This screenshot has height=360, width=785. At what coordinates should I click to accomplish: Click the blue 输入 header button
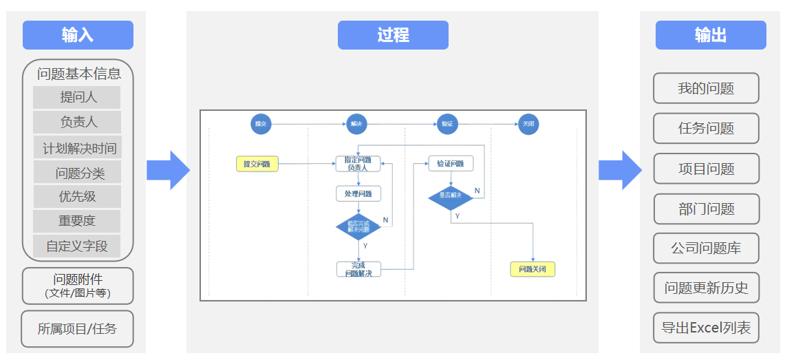78,35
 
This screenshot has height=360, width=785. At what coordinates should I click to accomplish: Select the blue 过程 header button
393,35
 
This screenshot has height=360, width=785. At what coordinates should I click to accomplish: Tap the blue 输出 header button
710,35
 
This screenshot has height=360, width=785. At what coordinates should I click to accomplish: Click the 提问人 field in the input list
77,97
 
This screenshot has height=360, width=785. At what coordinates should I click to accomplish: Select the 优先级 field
77,196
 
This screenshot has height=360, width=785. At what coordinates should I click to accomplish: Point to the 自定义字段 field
77,246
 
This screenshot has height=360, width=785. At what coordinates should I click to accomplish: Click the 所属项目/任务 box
77,329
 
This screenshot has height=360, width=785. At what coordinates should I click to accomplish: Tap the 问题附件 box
78,286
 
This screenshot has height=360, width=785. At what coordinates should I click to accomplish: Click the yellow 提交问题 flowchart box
257,164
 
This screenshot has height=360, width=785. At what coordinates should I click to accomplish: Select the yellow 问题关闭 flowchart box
533,269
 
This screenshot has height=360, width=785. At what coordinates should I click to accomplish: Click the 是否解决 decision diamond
451,197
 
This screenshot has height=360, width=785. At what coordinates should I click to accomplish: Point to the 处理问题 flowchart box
358,194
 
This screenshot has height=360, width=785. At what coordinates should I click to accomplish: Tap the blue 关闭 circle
528,124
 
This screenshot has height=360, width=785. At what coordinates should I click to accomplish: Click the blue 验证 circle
447,124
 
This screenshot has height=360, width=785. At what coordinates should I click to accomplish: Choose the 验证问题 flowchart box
451,164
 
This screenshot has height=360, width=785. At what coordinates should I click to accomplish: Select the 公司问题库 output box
706,248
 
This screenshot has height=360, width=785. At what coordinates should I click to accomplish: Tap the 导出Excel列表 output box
706,328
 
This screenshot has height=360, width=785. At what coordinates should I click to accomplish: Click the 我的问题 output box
706,88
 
